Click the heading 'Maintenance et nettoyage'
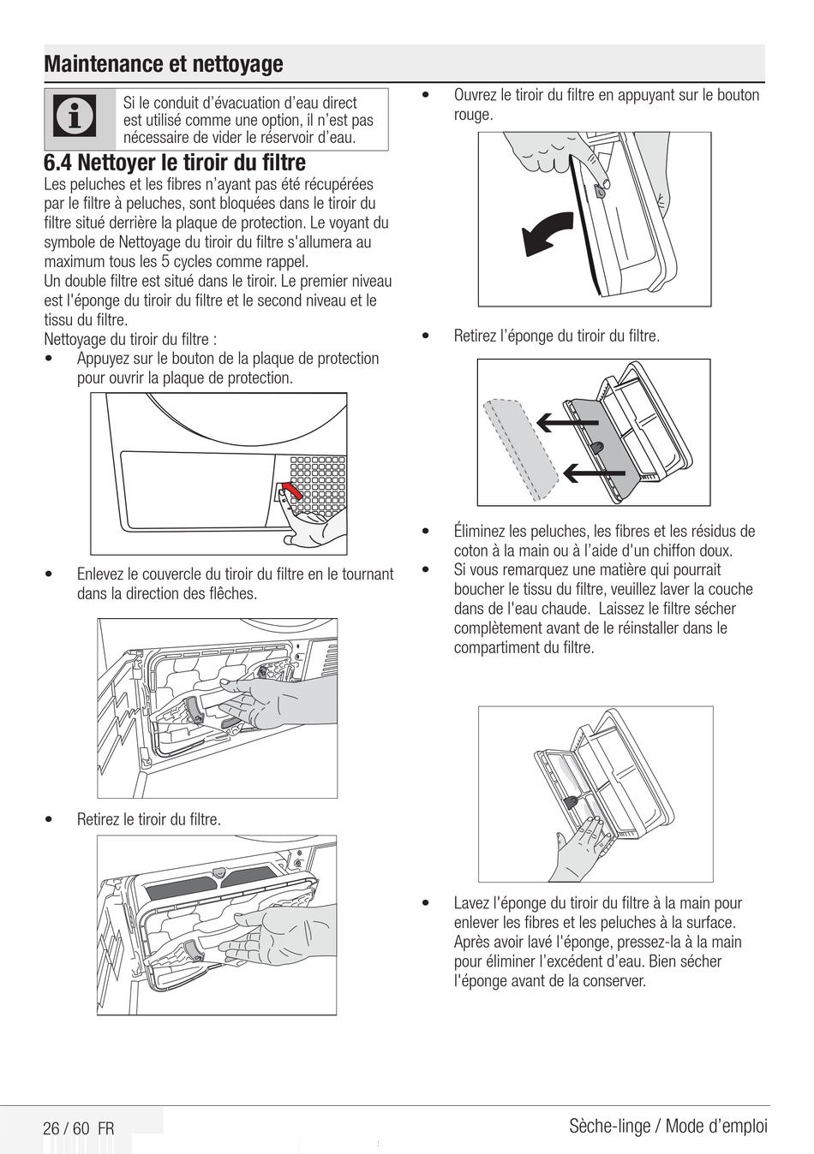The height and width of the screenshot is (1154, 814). pyautogui.click(x=163, y=64)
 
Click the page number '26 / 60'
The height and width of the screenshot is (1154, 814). pyautogui.click(x=66, y=1128)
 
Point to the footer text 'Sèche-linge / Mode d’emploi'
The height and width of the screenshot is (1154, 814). pyautogui.click(x=667, y=1126)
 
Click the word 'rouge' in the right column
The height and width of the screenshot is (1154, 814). pyautogui.click(x=473, y=115)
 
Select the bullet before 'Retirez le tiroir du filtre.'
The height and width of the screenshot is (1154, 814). pyautogui.click(x=51, y=820)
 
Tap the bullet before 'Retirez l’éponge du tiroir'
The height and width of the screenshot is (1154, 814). pyautogui.click(x=425, y=336)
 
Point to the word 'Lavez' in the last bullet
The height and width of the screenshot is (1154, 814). pyautogui.click(x=472, y=903)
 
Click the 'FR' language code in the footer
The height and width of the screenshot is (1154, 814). pyautogui.click(x=105, y=1128)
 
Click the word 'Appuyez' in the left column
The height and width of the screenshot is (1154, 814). pyautogui.click(x=104, y=359)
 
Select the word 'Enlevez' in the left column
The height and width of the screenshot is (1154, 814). pyautogui.click(x=102, y=574)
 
